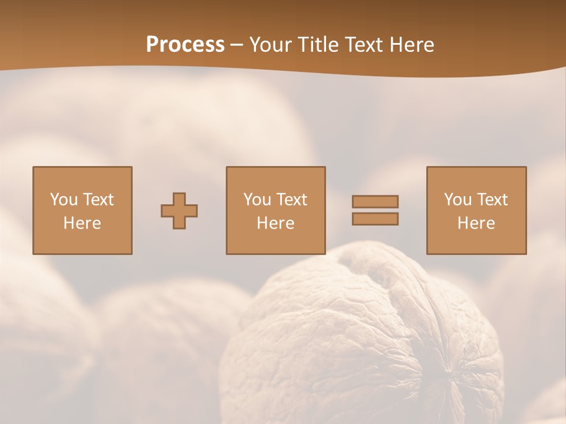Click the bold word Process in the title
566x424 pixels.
point(185,45)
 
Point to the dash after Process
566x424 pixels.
point(237,45)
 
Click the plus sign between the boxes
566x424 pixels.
point(179,210)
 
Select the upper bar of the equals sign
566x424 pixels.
point(375,201)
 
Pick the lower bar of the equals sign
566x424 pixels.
point(375,218)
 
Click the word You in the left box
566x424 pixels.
point(64,200)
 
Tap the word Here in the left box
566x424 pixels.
point(82,223)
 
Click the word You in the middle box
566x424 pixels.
point(257,200)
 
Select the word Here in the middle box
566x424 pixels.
point(275,223)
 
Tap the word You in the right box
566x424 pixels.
point(458,200)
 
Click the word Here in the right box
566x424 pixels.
point(476,223)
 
